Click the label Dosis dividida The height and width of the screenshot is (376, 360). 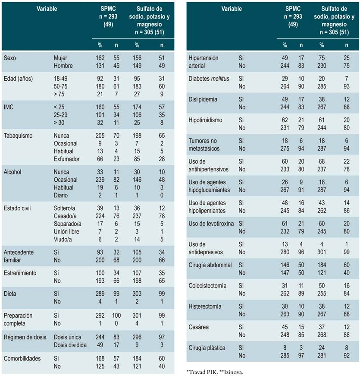(70, 345)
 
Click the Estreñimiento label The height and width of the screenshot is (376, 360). (20, 273)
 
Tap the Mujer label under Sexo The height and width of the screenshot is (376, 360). (61, 58)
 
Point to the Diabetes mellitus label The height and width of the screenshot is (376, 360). (208, 79)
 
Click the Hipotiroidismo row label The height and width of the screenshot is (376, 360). (206, 120)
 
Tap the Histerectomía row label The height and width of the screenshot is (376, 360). (205, 306)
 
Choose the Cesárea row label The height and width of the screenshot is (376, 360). (199, 327)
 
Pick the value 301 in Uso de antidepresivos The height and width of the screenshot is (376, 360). (321, 252)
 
